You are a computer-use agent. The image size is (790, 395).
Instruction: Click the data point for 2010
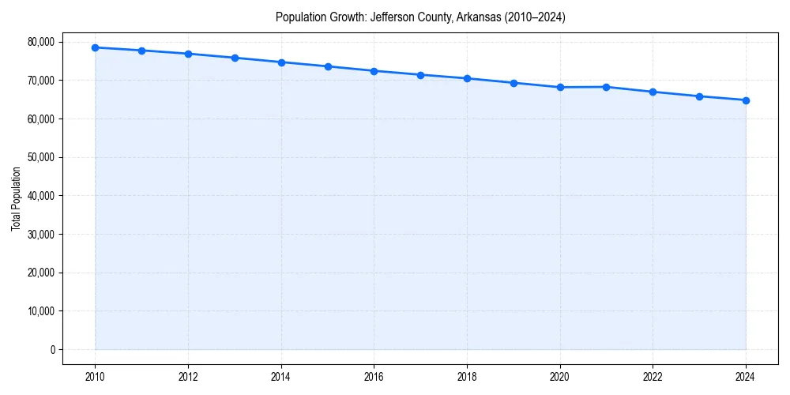pos(95,47)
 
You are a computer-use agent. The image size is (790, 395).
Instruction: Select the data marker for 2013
pos(235,58)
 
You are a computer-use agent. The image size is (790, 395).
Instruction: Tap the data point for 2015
pos(328,66)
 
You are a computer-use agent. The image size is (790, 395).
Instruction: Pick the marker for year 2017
pos(420,75)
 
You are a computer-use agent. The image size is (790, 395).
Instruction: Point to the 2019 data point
pos(513,83)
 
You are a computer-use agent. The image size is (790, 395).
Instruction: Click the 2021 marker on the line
pos(606,87)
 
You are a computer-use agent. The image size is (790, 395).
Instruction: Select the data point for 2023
pos(699,96)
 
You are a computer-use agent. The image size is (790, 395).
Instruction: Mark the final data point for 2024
pos(746,100)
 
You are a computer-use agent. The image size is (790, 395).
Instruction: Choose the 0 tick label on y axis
pos(52,349)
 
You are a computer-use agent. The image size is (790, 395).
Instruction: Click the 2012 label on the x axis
pos(188,377)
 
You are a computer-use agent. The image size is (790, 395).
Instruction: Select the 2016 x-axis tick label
pos(374,377)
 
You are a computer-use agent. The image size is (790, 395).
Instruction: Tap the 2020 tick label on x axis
pos(560,377)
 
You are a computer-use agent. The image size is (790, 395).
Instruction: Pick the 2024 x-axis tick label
pos(746,377)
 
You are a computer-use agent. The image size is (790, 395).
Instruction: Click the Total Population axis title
pos(16,198)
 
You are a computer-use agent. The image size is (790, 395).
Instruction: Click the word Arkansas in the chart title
pos(477,17)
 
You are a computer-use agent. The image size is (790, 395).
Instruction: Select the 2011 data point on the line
pos(141,51)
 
